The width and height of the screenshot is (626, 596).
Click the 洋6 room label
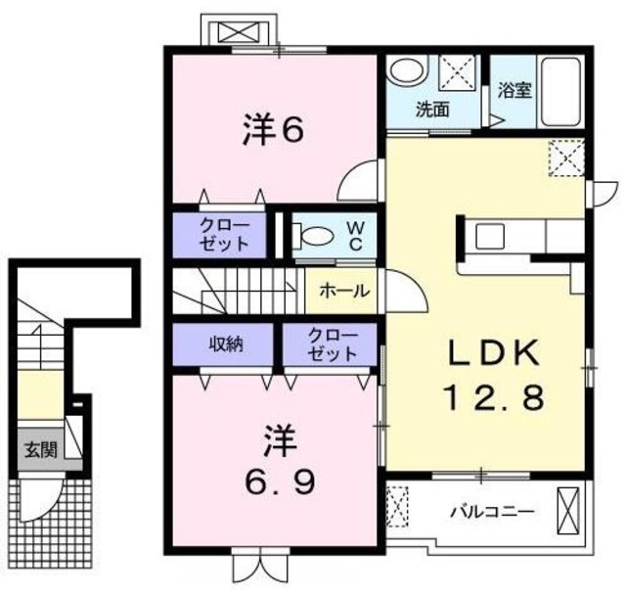[270, 131]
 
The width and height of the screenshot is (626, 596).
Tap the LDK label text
[481, 351]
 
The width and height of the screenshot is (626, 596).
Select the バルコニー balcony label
[491, 511]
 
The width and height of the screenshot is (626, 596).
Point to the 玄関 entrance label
[40, 450]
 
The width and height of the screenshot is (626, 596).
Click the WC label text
[356, 236]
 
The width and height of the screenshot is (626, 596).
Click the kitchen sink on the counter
[489, 236]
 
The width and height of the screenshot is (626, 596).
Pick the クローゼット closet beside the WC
[224, 235]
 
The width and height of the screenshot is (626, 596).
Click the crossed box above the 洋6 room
[237, 31]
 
